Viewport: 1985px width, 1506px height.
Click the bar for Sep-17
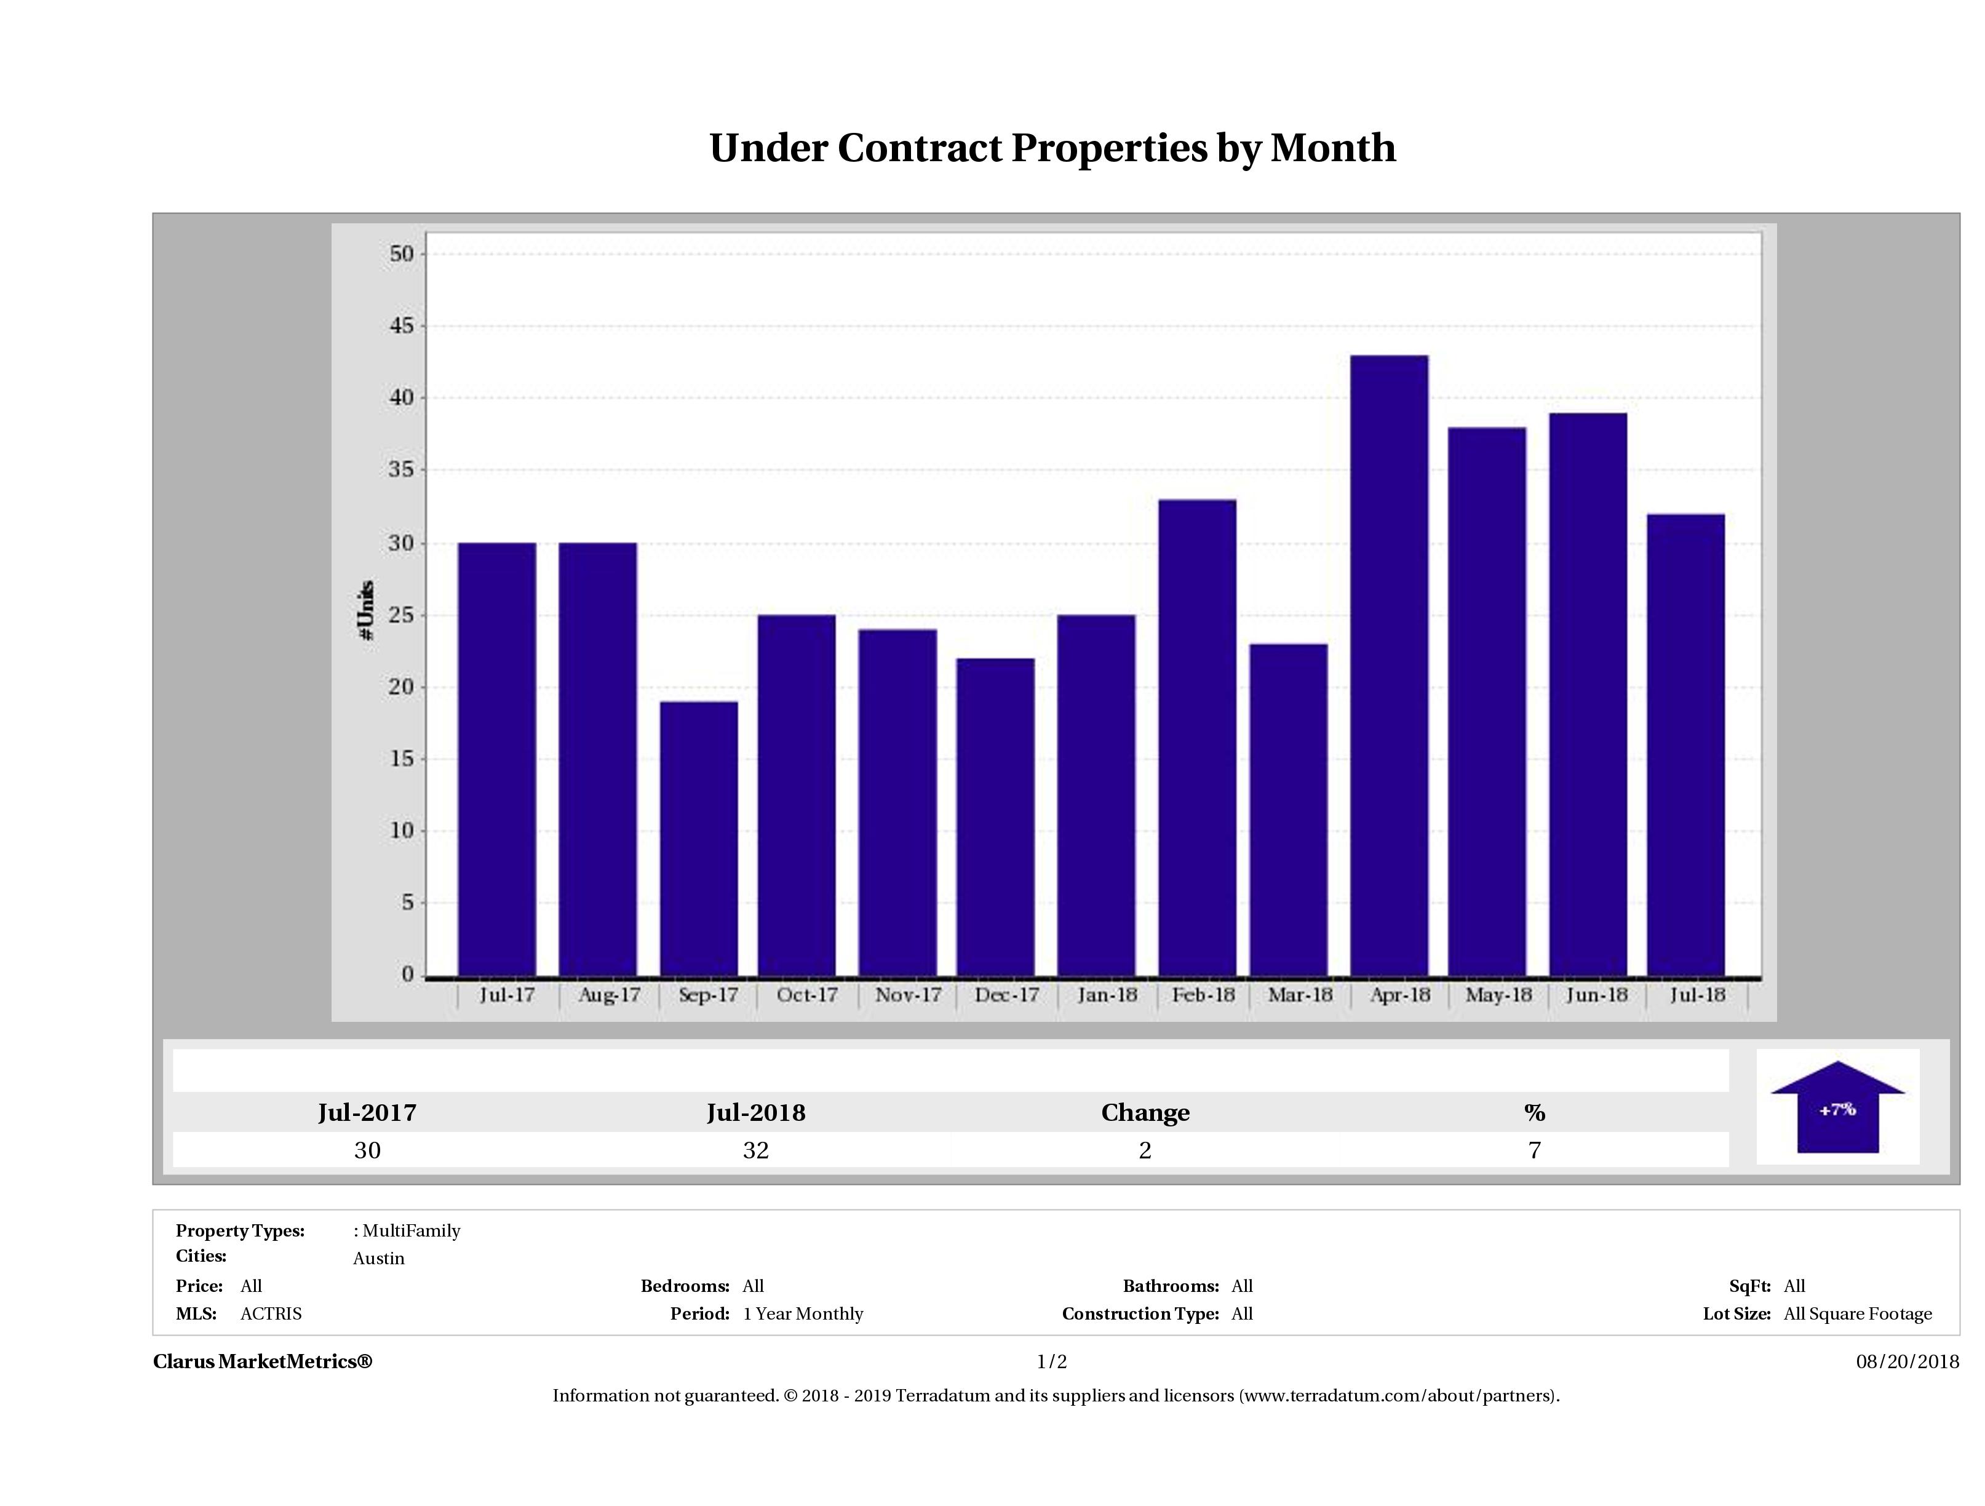click(699, 839)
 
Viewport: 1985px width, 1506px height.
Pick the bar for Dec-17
click(995, 817)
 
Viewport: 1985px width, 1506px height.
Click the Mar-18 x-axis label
click(1299, 995)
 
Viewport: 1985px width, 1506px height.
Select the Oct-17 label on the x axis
click(807, 995)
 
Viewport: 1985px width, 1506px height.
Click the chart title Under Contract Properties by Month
click(1052, 148)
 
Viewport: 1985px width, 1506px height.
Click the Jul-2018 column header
click(755, 1113)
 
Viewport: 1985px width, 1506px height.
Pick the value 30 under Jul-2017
click(367, 1150)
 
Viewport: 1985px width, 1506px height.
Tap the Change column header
click(1145, 1113)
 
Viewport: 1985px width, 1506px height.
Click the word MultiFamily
click(411, 1230)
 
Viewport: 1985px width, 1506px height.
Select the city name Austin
click(379, 1258)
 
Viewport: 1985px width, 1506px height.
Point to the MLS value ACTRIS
click(271, 1314)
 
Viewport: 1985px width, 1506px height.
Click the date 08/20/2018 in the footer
click(1907, 1361)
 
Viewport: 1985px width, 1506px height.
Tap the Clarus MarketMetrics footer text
click(263, 1361)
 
